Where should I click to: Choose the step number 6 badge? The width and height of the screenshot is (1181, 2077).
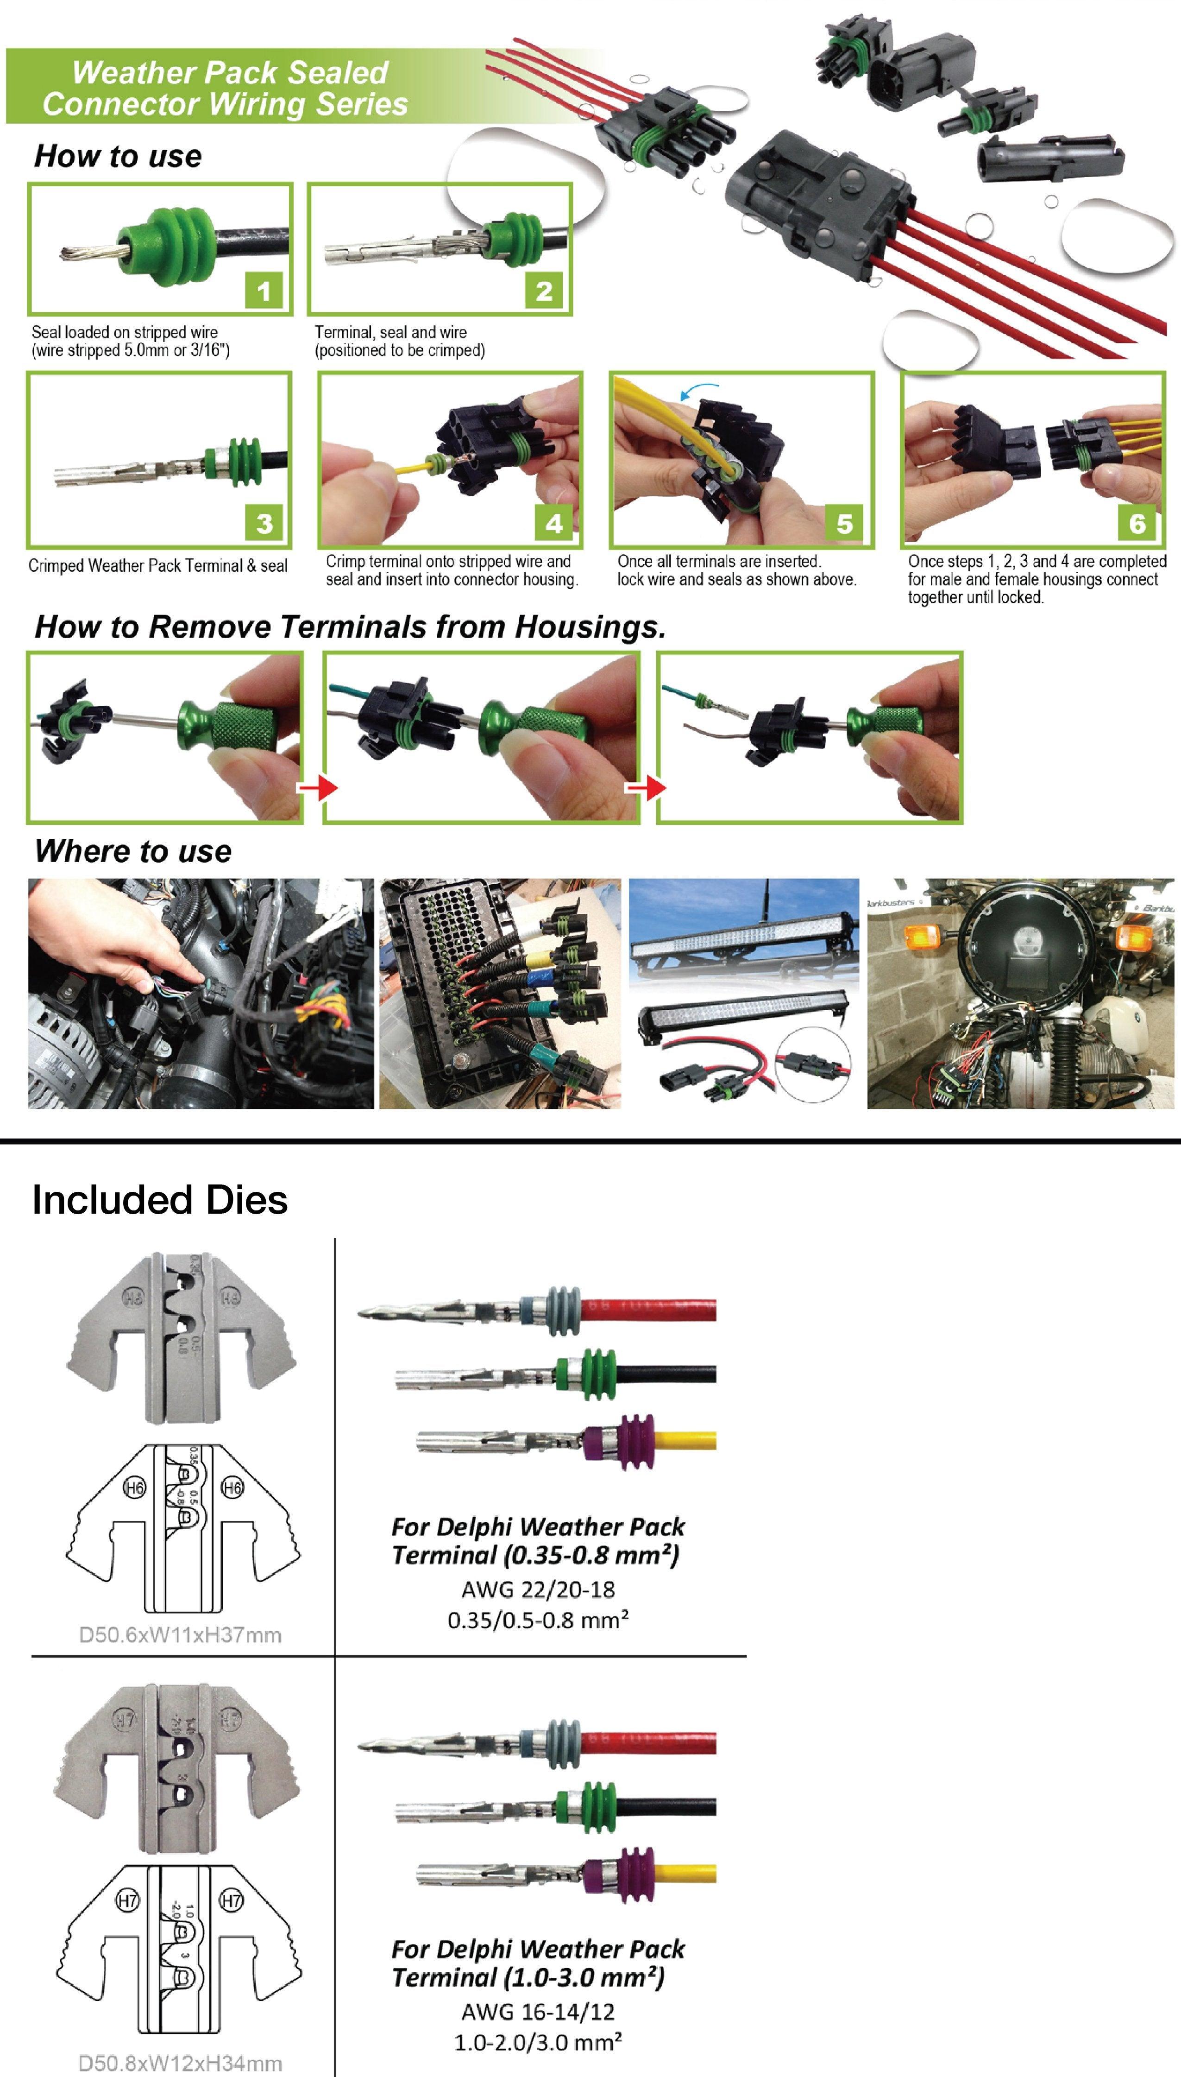coord(1137,523)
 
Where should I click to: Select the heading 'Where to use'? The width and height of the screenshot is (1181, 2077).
coord(133,851)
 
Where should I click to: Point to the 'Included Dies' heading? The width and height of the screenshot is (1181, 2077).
coord(160,1200)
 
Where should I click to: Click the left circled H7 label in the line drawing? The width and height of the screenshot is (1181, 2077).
coord(128,1900)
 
